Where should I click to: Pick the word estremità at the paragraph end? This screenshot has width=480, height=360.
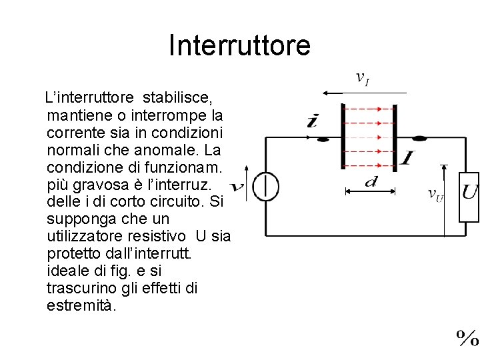click(x=82, y=306)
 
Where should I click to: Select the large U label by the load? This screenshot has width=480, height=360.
click(x=470, y=192)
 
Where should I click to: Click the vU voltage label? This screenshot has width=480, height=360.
click(x=435, y=195)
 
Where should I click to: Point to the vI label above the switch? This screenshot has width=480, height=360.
click(x=362, y=79)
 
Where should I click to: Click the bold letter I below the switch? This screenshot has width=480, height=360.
click(x=407, y=158)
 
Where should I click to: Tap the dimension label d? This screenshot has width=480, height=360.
click(x=370, y=181)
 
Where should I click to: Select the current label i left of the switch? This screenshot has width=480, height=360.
click(x=313, y=121)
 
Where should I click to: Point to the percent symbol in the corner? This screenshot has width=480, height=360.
click(x=467, y=338)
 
